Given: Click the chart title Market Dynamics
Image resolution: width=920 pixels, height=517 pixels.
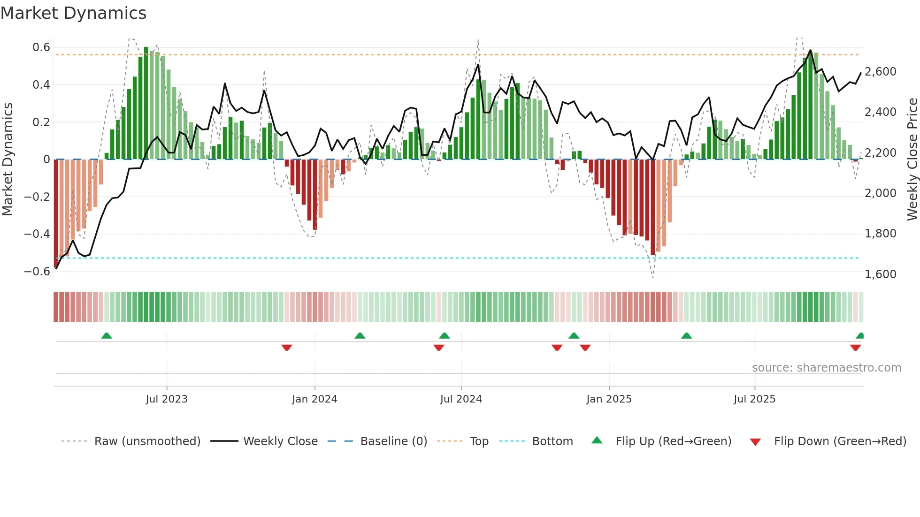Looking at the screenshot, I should pos(73,13).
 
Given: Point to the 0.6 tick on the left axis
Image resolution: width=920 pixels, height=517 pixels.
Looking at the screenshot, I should pos(41,47).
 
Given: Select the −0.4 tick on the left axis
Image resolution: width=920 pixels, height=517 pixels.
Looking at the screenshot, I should pos(37,234).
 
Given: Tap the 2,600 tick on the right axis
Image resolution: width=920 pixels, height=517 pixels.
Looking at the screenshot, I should pos(880,72).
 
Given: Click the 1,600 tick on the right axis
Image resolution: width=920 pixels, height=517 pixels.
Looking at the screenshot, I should pos(880,274).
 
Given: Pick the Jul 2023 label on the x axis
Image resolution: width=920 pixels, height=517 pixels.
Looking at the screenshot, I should pos(167,399).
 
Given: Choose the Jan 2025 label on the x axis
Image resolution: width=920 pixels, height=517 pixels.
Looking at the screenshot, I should pos(609,399).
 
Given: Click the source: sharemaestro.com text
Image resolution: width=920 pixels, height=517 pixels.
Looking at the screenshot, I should pos(826,368).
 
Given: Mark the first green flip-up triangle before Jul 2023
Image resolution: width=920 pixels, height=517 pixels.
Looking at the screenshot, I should pos(107,336).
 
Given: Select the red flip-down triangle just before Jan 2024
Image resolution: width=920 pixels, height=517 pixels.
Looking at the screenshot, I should pos(287,348).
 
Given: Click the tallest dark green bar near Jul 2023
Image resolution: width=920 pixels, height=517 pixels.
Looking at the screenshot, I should pos(146,103).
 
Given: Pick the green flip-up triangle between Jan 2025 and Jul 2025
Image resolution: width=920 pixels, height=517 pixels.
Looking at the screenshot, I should pos(686,336).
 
